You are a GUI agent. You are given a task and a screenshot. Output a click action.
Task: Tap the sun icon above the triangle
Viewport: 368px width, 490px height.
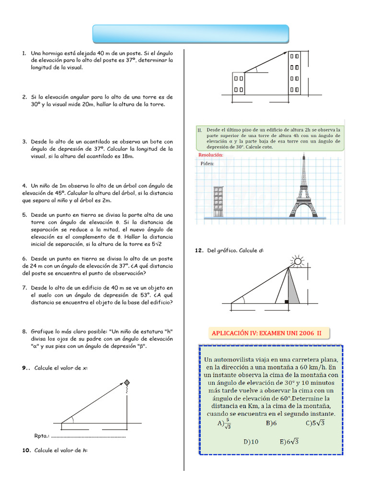click(x=298, y=261)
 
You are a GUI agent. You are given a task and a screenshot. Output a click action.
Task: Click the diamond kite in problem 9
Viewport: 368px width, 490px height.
click(x=127, y=383)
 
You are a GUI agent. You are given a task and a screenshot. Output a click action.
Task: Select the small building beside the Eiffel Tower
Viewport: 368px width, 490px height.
click(x=218, y=201)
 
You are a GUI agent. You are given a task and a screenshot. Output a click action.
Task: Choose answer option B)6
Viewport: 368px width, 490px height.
click(x=271, y=423)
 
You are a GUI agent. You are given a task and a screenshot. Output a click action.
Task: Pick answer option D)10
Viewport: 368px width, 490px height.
click(x=251, y=442)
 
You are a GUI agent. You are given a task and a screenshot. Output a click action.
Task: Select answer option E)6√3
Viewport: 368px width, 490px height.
click(x=289, y=442)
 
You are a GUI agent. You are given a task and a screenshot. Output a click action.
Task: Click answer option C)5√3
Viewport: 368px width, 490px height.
click(x=315, y=423)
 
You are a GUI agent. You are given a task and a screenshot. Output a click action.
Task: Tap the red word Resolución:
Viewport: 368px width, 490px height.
click(x=210, y=155)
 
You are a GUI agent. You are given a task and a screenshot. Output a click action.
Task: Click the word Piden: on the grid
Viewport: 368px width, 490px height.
click(x=207, y=163)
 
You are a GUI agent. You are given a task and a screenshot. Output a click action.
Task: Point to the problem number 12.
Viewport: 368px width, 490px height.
click(x=199, y=250)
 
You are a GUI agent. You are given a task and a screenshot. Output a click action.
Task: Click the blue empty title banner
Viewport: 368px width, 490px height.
click(x=190, y=34)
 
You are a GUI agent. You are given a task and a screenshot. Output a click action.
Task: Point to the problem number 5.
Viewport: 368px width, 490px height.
click(x=24, y=215)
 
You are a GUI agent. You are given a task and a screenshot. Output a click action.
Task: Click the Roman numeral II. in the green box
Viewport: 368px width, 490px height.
click(x=200, y=130)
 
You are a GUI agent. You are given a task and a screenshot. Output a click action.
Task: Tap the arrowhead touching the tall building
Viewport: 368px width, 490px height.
click(x=285, y=53)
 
